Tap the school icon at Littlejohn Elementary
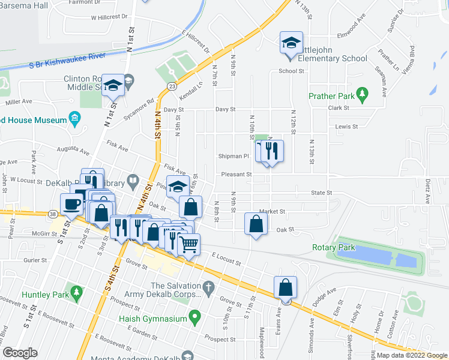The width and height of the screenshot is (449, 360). [x=291, y=44]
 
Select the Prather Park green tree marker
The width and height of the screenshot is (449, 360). [x=361, y=93]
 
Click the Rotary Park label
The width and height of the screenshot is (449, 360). [x=334, y=247]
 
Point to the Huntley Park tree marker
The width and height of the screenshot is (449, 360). [x=76, y=292]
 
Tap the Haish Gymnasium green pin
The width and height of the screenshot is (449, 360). [x=194, y=315]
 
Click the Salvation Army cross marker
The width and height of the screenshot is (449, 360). [x=208, y=286]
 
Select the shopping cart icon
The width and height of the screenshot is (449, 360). [x=189, y=244]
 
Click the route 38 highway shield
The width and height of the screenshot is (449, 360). [x=53, y=214]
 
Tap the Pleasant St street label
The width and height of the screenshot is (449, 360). [x=235, y=175]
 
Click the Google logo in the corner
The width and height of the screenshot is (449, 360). [x=20, y=353]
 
